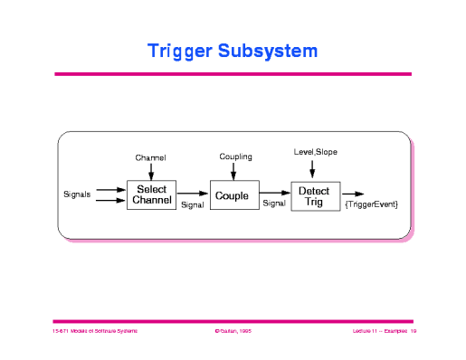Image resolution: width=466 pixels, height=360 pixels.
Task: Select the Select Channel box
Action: pos(151,194)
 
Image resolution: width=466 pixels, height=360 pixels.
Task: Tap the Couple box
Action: pos(233,194)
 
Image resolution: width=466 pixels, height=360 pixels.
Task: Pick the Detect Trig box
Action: pos(314,194)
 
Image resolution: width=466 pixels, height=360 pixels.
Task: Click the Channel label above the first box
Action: pos(151,157)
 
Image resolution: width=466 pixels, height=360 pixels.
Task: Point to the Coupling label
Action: pos(235,156)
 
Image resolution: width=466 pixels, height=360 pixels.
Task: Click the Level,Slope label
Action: pos(315,151)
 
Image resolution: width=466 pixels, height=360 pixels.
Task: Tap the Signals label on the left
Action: pos(77,194)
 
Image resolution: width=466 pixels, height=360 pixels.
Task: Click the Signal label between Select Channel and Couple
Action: pos(193,205)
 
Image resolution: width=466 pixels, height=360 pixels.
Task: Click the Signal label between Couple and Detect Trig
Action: pos(273,204)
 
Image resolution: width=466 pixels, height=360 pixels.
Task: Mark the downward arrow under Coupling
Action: pos(234,171)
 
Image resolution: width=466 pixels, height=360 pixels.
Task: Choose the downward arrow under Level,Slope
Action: pos(314,168)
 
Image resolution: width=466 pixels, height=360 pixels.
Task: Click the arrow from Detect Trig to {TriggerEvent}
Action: pos(353,194)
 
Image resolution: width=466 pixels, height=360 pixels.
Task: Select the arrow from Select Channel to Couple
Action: pos(192,194)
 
